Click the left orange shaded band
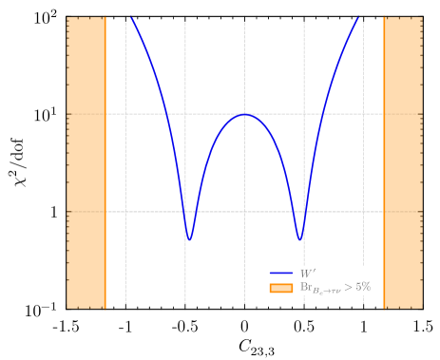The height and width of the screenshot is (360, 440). (x=86, y=161)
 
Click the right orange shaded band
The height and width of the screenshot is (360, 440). (x=402, y=161)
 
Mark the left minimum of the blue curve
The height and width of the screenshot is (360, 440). (x=189, y=239)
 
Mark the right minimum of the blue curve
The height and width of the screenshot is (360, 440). (x=300, y=239)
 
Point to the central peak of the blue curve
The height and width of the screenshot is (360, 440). (x=244, y=114)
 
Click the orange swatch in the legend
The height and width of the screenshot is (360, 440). (x=281, y=287)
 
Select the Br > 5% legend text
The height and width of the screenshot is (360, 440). (x=335, y=287)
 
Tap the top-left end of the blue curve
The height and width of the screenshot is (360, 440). (x=131, y=17)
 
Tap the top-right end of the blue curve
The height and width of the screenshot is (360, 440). (x=359, y=17)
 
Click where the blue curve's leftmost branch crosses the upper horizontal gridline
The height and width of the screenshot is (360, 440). (x=166, y=114)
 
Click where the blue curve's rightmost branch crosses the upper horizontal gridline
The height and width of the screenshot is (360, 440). (x=323, y=114)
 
